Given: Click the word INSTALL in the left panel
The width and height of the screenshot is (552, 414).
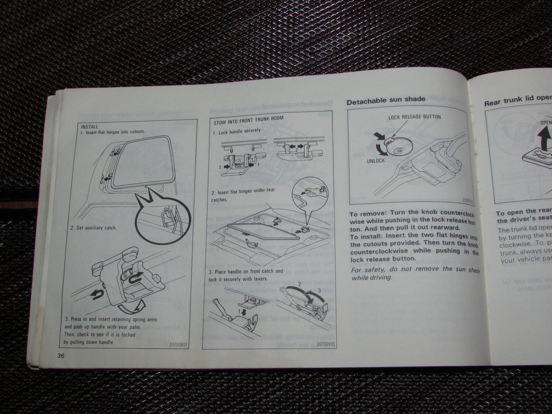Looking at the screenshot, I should [90, 126].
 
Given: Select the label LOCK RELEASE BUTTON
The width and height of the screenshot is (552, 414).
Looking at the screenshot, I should [414, 117].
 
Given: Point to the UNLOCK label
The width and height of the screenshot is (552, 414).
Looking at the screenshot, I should [376, 161].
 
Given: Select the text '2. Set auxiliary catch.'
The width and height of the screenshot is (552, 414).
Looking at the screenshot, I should [94, 228].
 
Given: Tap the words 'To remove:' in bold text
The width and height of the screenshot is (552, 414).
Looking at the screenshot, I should [366, 214].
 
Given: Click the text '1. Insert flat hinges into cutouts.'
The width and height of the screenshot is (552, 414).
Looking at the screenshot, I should [113, 132].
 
